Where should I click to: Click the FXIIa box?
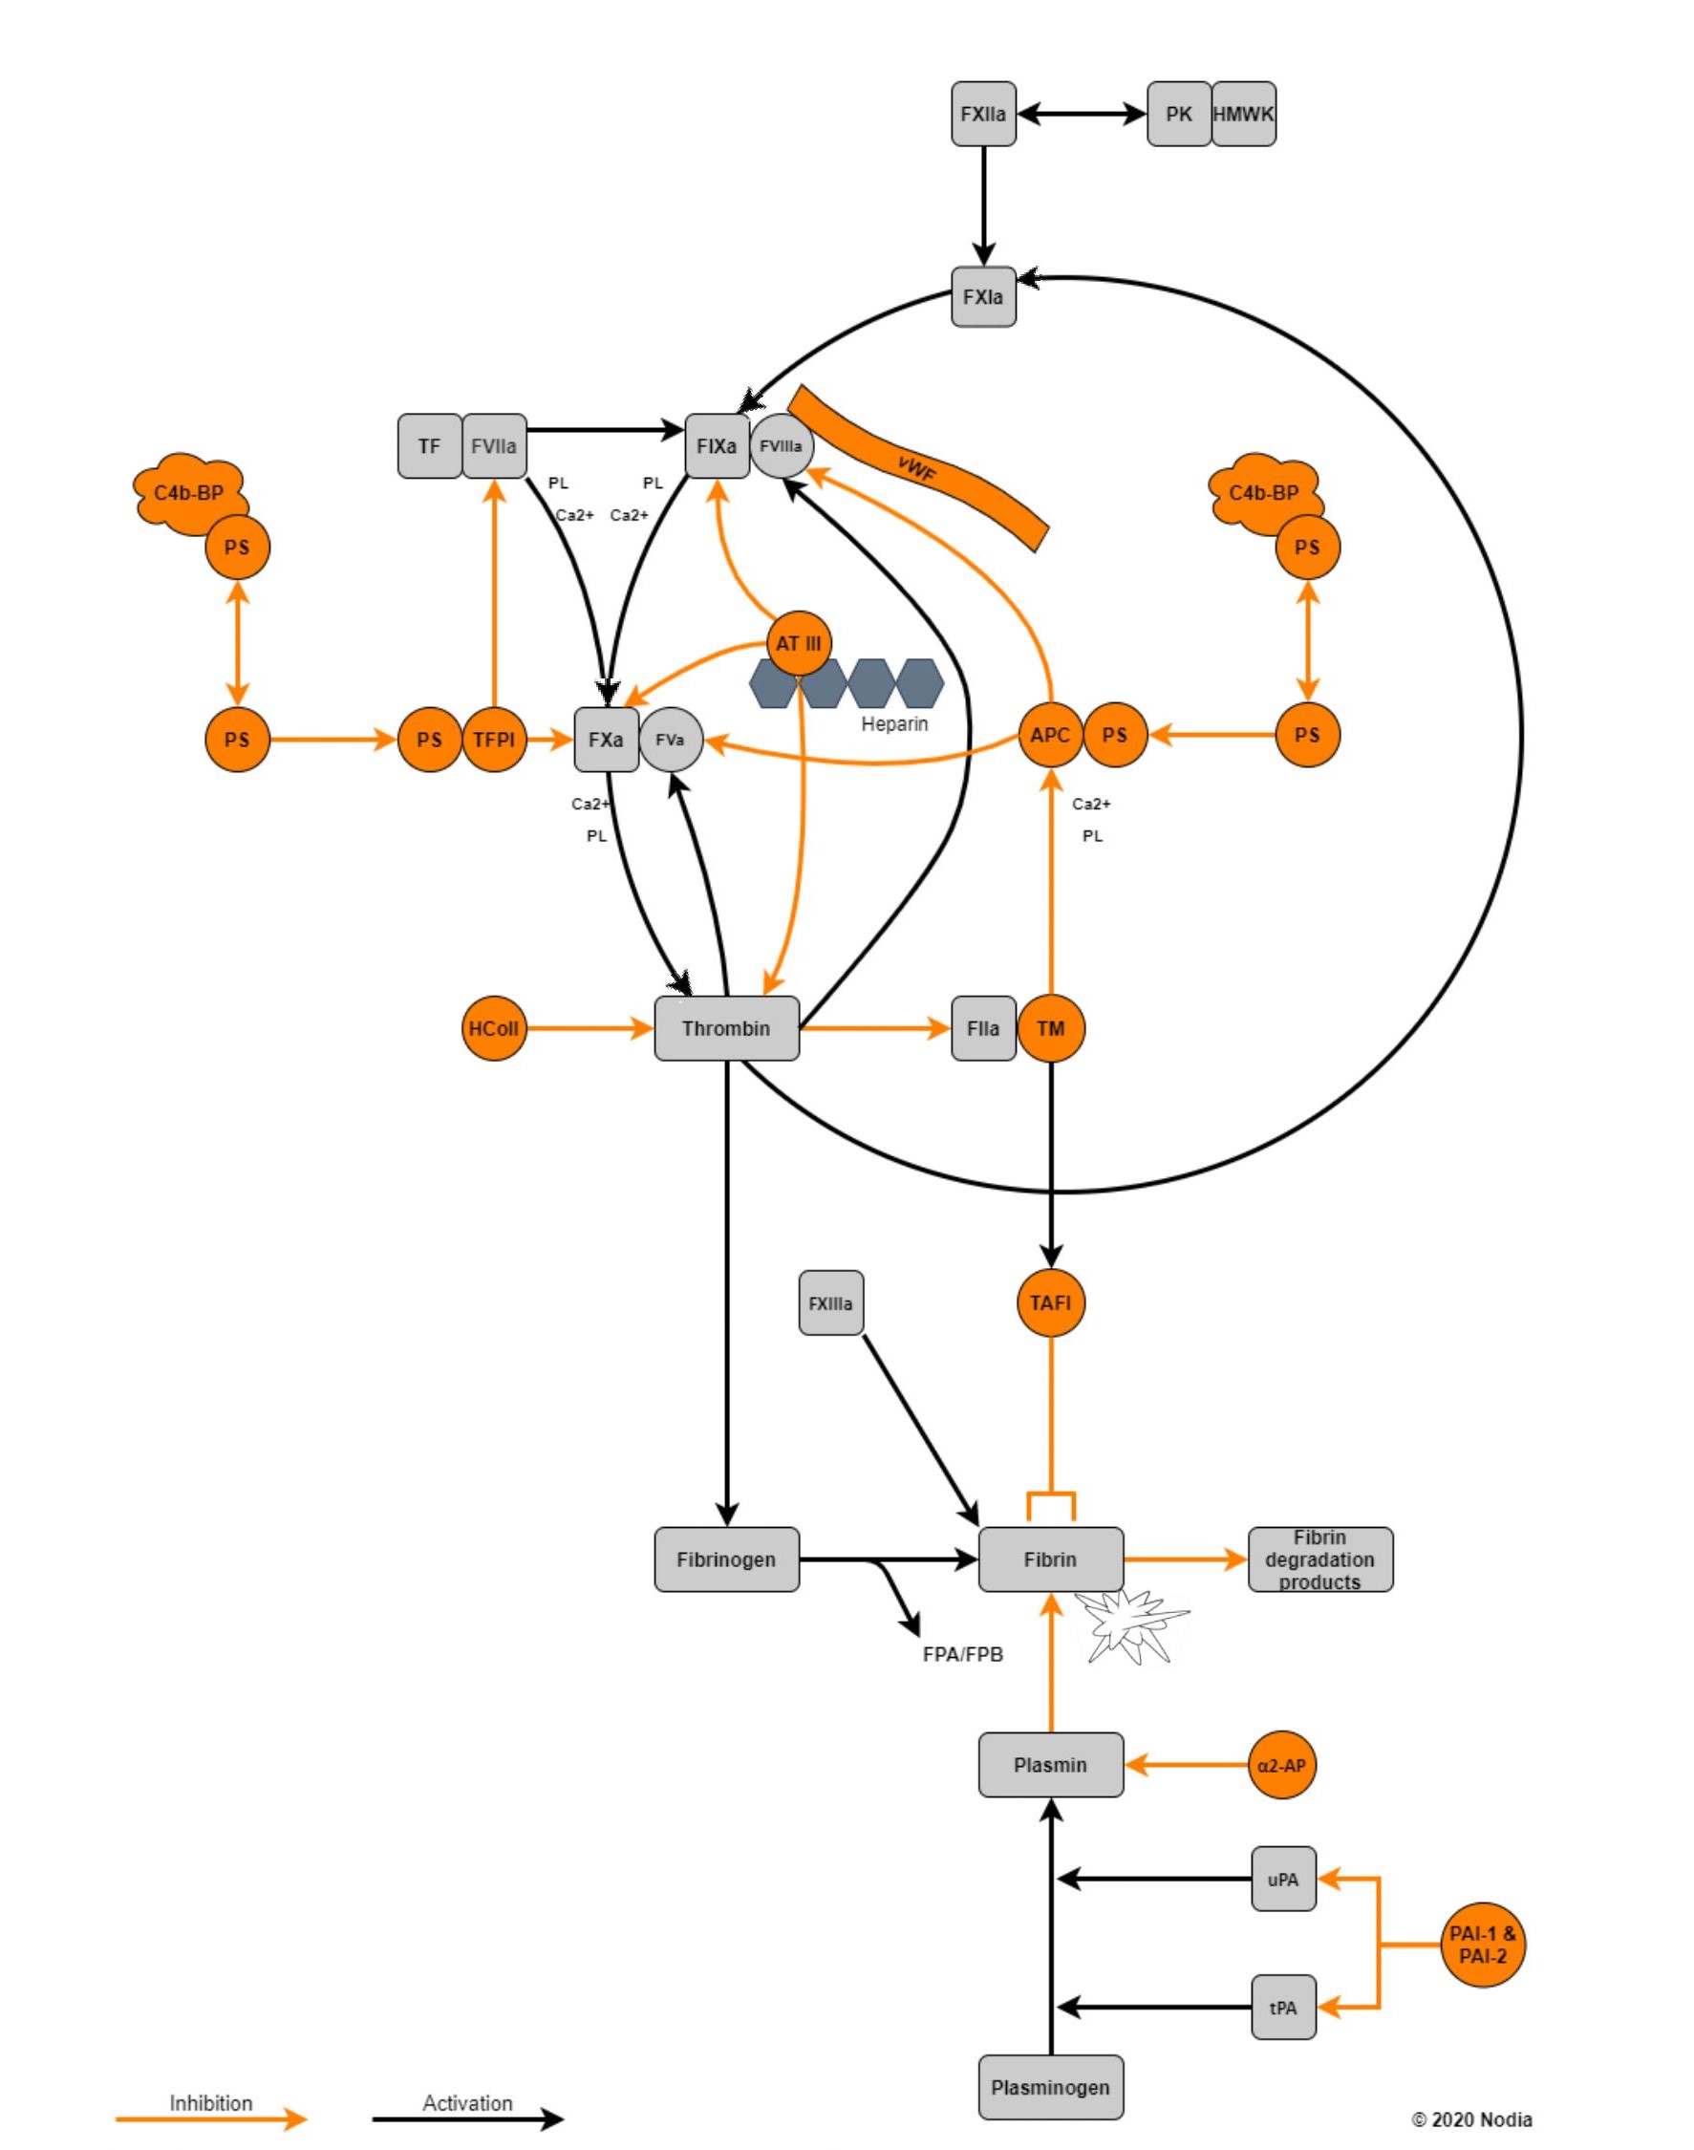click(983, 114)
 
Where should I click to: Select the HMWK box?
click(1243, 114)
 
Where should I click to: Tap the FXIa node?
click(983, 296)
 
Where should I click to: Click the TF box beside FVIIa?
click(429, 446)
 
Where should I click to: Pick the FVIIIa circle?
click(781, 446)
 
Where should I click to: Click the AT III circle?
click(799, 644)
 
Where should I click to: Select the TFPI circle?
click(494, 739)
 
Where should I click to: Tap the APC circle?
click(1050, 735)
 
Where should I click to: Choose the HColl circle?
click(494, 1028)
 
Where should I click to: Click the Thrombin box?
click(726, 1028)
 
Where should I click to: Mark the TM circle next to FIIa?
click(1050, 1028)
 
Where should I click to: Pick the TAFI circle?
click(1050, 1303)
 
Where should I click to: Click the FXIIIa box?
click(830, 1303)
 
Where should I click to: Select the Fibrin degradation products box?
click(1319, 1559)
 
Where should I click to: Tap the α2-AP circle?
click(1282, 1765)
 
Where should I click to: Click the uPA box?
click(1282, 1879)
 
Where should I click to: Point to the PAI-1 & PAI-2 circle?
click(1483, 1946)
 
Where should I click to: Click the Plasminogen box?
click(1050, 2088)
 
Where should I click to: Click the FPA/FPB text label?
click(963, 1654)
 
